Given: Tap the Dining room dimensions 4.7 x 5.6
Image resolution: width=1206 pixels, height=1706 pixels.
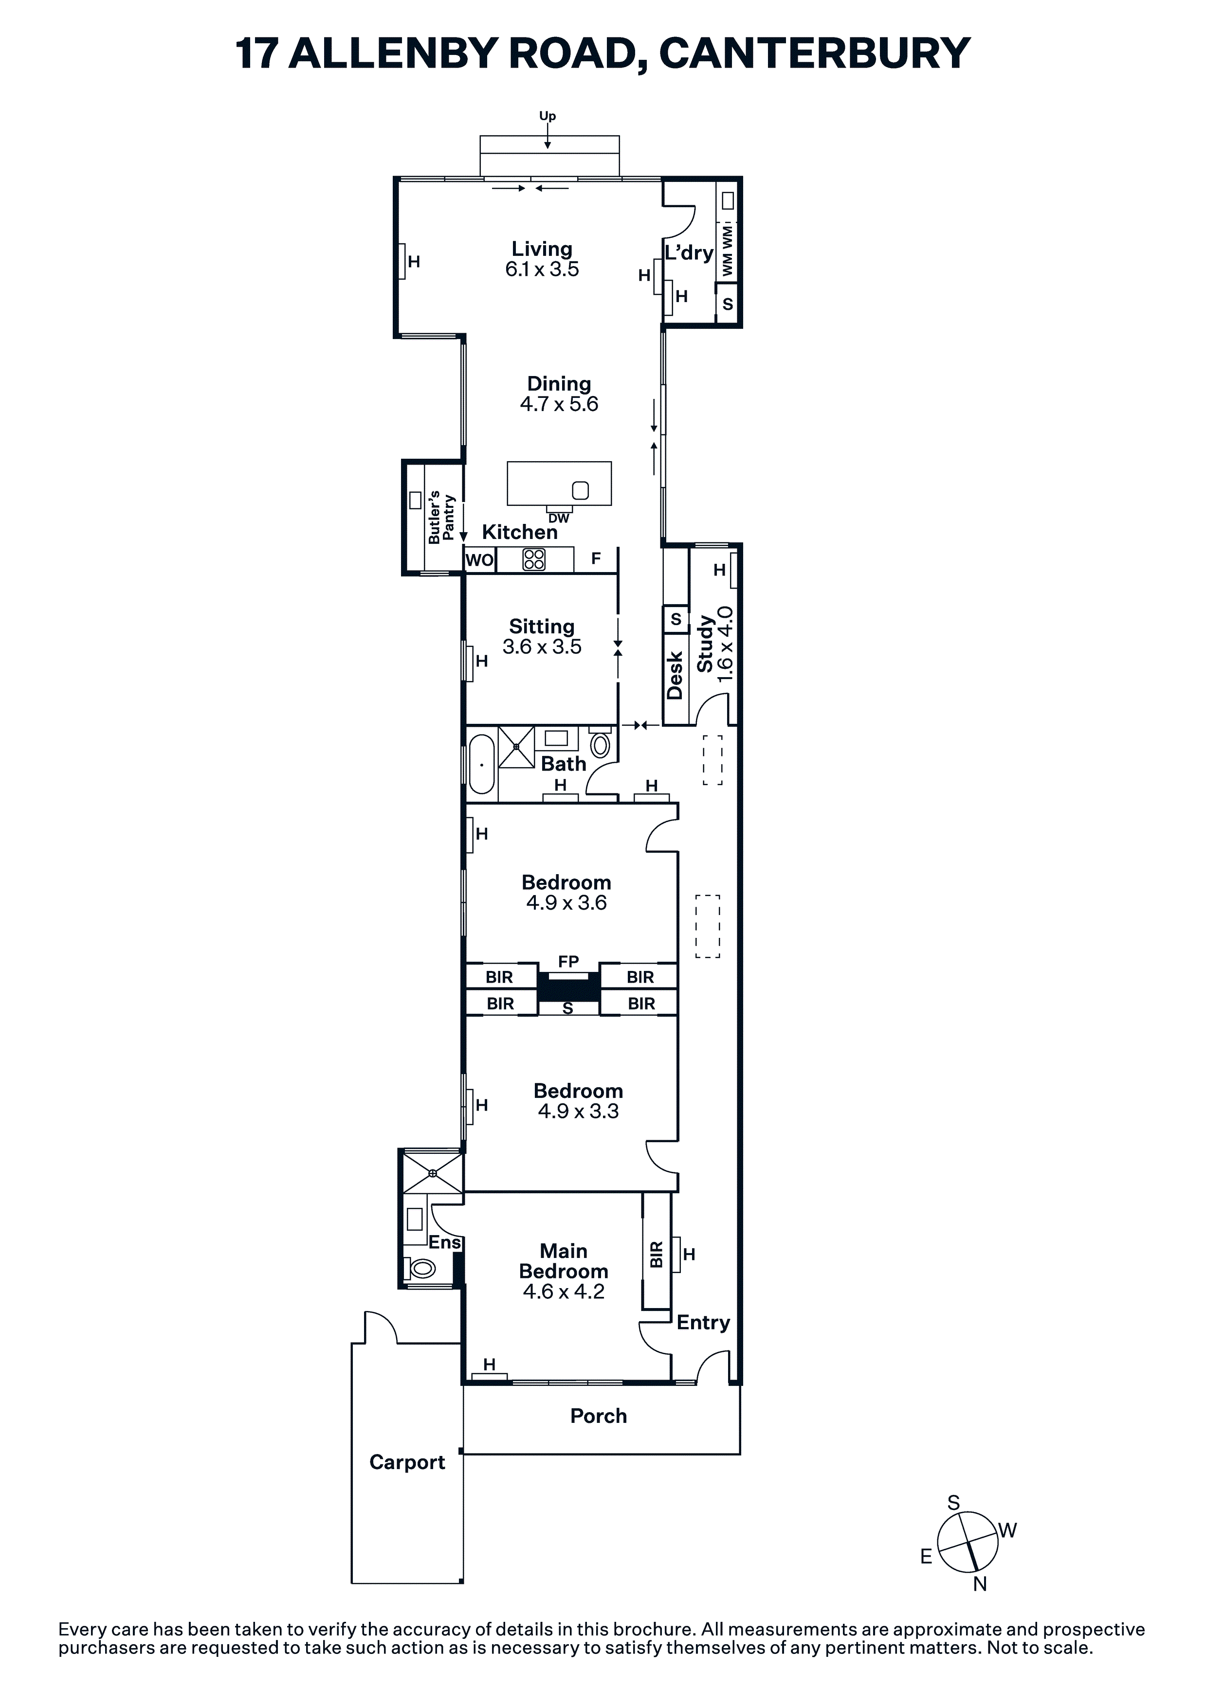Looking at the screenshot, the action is click(559, 404).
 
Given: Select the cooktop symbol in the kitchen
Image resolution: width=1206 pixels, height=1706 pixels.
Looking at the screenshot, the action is click(534, 559).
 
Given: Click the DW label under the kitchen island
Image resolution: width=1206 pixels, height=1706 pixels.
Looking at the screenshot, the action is click(558, 519).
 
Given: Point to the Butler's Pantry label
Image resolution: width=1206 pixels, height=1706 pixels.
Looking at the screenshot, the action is click(441, 517).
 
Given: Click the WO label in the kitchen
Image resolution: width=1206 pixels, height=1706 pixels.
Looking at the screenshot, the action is click(479, 559).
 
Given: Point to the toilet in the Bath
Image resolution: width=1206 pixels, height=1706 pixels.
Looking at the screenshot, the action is click(599, 743).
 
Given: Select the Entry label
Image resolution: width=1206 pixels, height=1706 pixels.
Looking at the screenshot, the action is click(703, 1323).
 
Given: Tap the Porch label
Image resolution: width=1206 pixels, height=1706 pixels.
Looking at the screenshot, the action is click(599, 1416).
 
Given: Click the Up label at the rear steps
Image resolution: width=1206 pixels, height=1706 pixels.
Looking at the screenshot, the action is click(547, 117).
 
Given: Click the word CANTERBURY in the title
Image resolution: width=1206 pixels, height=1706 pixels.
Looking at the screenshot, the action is click(814, 54).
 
